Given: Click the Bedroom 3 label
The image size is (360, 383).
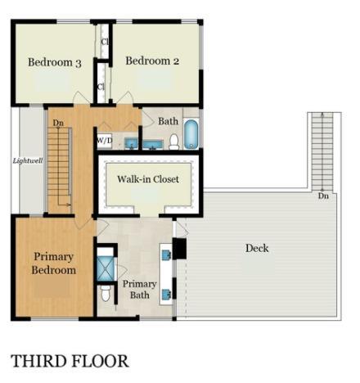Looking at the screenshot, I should click(x=54, y=61).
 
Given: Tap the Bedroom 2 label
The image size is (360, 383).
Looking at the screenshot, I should click(x=151, y=60).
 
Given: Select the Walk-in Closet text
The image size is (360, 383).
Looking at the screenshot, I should click(x=148, y=178).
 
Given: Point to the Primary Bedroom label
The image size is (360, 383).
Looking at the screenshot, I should click(x=54, y=263).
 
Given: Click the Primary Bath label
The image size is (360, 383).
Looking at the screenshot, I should click(x=139, y=290).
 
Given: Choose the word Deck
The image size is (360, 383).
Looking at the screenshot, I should click(x=257, y=248).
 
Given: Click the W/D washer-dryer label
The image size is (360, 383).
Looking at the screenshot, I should click(x=105, y=141).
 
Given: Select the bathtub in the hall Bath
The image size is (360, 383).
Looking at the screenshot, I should click(x=191, y=134).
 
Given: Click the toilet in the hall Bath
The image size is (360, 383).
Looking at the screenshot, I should click(x=173, y=142).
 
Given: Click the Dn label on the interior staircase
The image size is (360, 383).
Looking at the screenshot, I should click(x=58, y=123).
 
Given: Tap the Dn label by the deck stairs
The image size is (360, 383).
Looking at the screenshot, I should click(x=323, y=196).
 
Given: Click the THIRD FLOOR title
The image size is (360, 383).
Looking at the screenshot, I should click(x=70, y=360).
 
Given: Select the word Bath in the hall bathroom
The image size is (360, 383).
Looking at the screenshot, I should click(x=169, y=121).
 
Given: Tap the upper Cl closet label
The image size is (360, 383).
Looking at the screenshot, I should click(x=105, y=42).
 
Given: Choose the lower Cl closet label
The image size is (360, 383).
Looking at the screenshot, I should click(x=101, y=86).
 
